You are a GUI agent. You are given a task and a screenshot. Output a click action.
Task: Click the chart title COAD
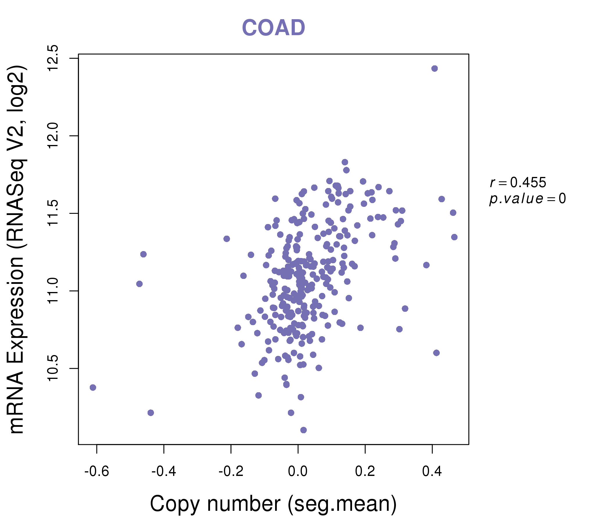tap(273, 28)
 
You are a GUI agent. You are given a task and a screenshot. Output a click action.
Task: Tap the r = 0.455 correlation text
tap(518, 182)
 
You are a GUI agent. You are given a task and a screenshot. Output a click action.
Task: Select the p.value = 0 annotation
tap(527, 199)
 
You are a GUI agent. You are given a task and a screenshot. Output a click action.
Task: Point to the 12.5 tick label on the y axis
tap(53, 58)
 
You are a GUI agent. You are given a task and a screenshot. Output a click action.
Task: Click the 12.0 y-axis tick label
tap(53, 136)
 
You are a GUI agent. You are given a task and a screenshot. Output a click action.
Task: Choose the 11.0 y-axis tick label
tap(53, 291)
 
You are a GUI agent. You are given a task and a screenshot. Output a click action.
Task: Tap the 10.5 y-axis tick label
tap(53, 368)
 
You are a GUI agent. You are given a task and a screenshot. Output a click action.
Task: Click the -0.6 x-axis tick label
tap(96, 472)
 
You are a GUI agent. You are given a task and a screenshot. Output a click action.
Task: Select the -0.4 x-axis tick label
tap(164, 472)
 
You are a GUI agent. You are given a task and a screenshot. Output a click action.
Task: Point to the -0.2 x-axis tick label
tap(231, 472)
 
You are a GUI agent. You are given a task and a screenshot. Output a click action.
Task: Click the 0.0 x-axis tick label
tap(298, 472)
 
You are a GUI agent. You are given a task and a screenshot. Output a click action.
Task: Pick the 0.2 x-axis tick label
tap(365, 472)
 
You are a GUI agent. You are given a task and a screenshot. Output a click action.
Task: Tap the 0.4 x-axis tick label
tap(432, 472)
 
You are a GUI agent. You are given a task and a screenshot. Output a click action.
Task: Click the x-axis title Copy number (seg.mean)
tap(273, 504)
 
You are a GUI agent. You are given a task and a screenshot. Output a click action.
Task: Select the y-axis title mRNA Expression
tap(17, 249)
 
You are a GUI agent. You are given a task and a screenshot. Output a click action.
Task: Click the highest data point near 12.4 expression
tap(435, 69)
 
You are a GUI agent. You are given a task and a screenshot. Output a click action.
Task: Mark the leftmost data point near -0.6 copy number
tap(93, 387)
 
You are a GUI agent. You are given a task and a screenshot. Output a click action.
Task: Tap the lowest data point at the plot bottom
tap(304, 430)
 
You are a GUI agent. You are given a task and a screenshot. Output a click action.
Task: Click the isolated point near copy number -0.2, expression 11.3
tap(227, 239)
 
